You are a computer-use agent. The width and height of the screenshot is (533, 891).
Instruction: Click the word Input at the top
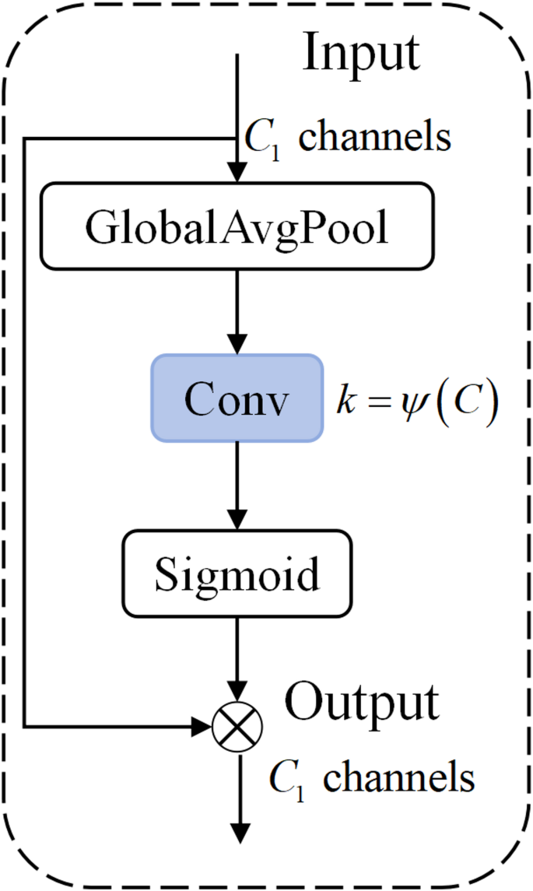pyautogui.click(x=361, y=53)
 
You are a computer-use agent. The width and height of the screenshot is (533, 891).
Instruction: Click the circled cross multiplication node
pyautogui.click(x=237, y=726)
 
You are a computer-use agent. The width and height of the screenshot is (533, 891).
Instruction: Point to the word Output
pyautogui.click(x=362, y=703)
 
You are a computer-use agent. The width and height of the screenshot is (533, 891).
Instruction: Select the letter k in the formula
pyautogui.click(x=343, y=403)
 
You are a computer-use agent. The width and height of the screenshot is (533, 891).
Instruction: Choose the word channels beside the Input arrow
pyautogui.click(x=375, y=138)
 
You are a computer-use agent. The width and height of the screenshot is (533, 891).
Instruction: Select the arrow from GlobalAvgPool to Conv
pyautogui.click(x=237, y=311)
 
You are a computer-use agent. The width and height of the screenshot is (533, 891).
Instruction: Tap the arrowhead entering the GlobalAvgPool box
pyautogui.click(x=237, y=172)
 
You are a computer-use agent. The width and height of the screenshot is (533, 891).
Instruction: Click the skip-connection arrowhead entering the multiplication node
pyautogui.click(x=202, y=727)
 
